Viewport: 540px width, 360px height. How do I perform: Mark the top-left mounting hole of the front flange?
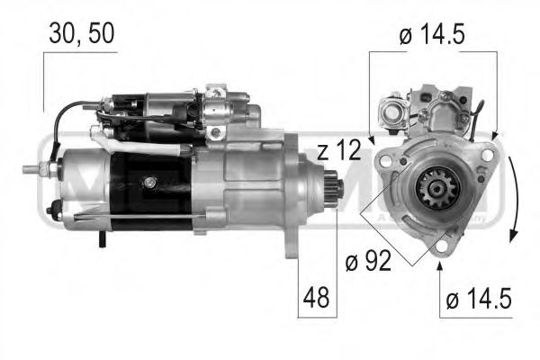(385, 159)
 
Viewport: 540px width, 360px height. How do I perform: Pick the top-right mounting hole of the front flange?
(487, 155)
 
